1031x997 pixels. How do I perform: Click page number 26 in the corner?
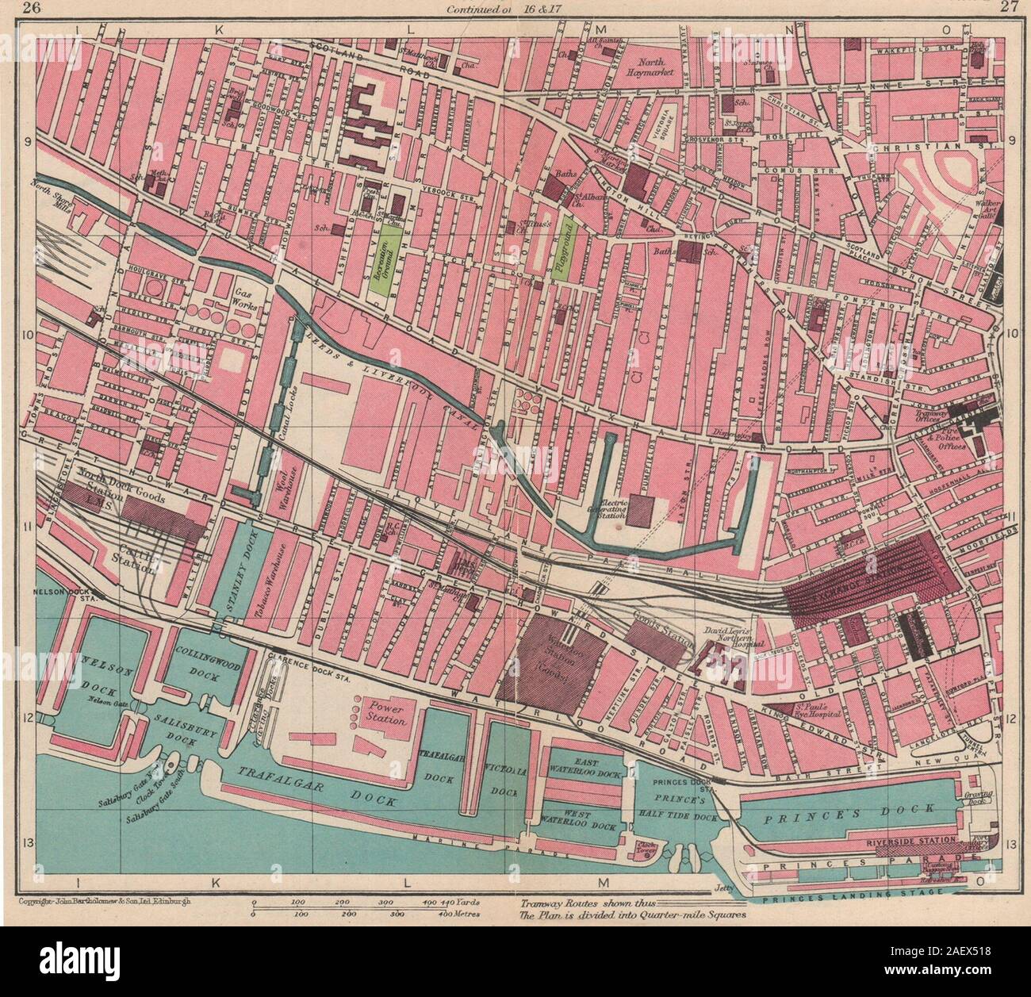[x=32, y=9]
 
